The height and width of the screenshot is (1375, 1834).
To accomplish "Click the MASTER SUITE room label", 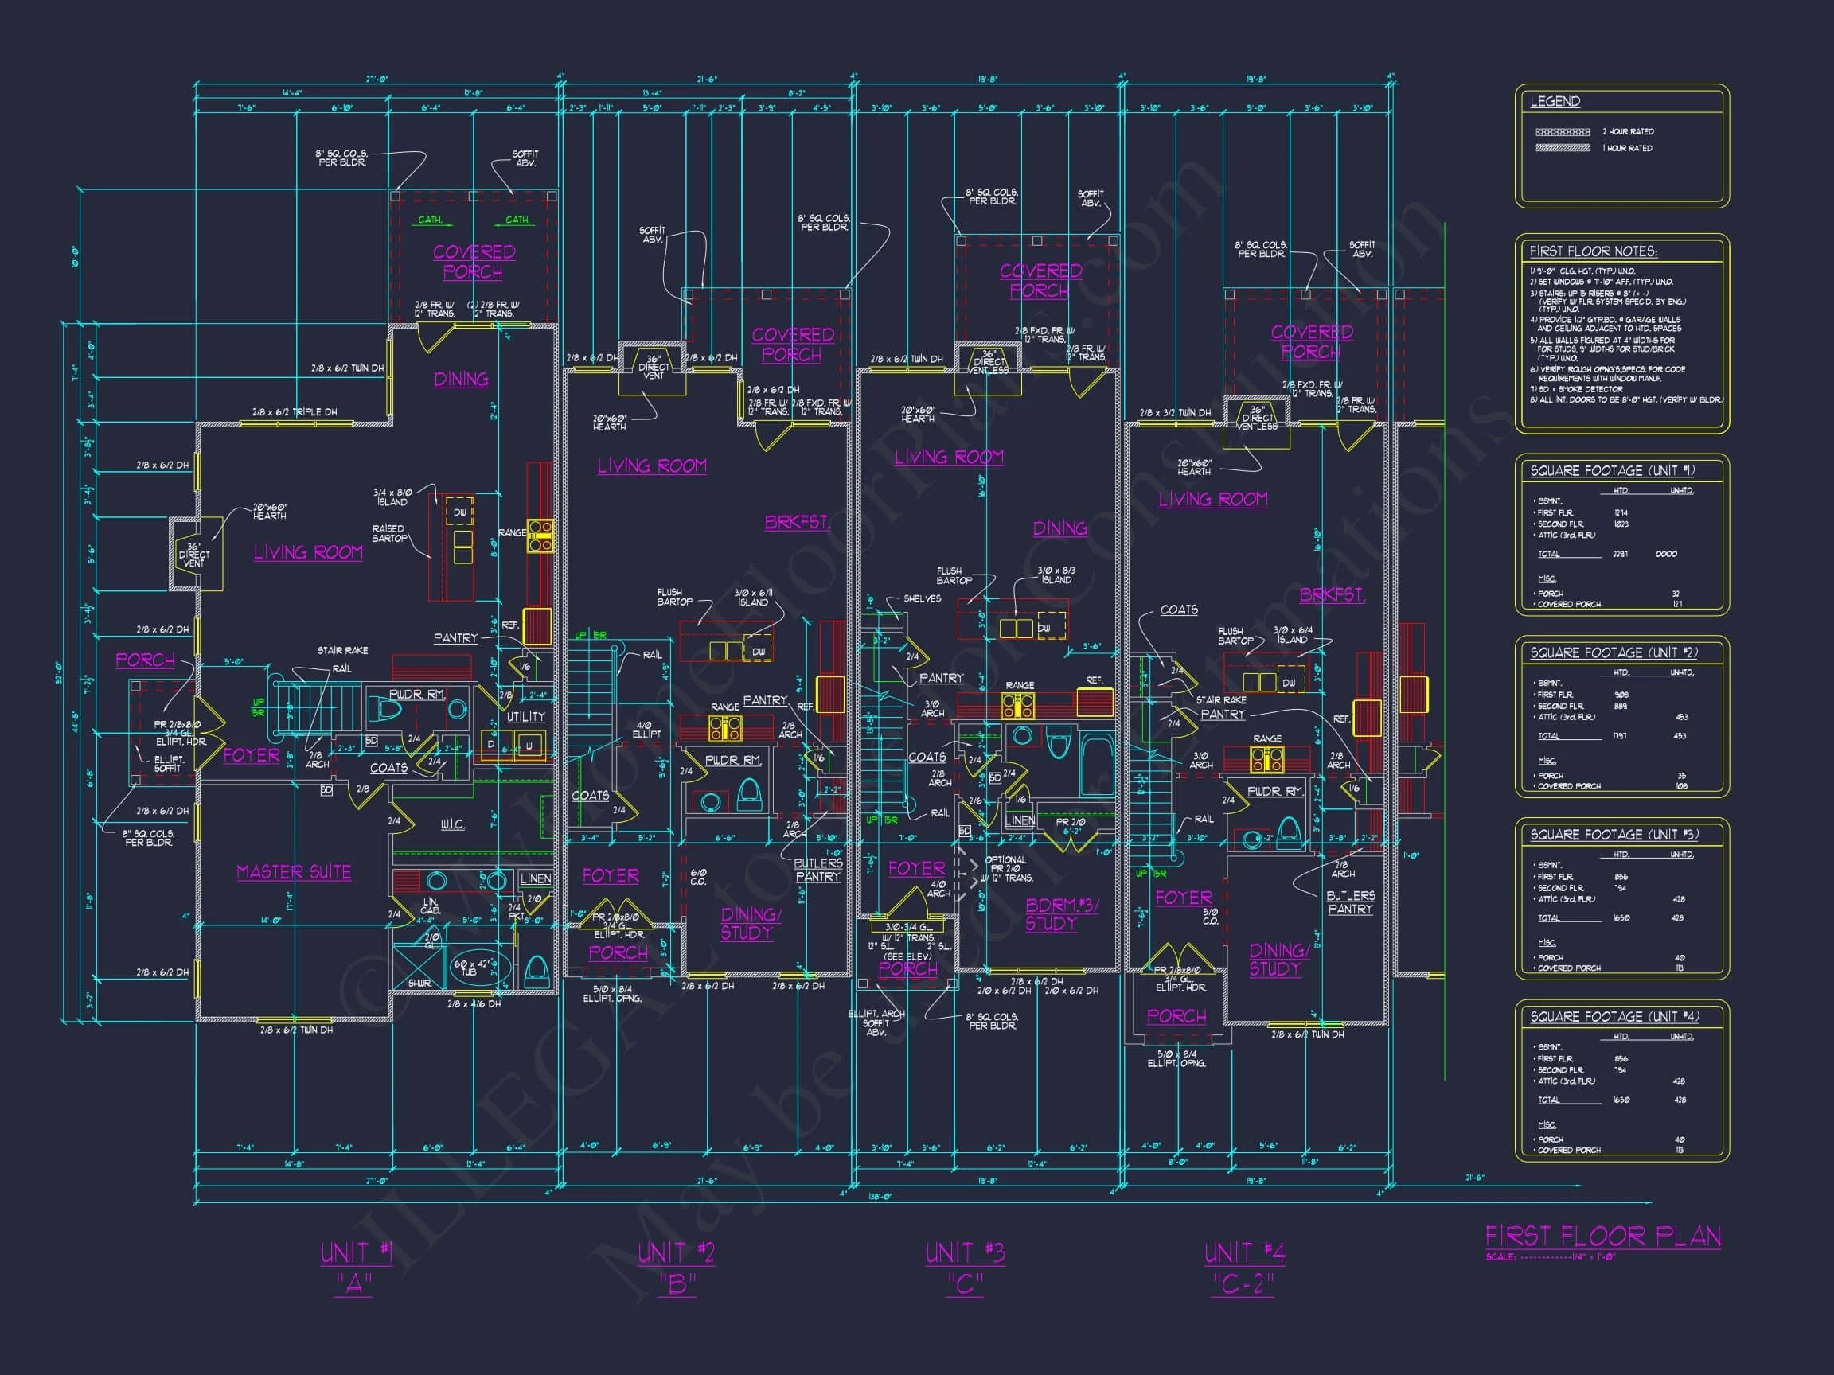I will (x=294, y=873).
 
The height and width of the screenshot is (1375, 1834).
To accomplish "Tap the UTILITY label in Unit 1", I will (x=525, y=716).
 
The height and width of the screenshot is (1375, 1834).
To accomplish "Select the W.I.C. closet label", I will (x=452, y=824).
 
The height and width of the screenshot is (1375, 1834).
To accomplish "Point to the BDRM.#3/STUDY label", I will (x=1062, y=915).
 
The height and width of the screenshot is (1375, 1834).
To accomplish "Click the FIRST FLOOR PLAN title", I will (x=1602, y=1237).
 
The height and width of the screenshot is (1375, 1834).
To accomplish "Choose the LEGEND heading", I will (x=1555, y=102).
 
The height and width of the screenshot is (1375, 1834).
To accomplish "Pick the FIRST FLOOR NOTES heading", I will (x=1593, y=251).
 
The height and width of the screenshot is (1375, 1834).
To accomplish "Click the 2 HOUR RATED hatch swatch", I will (x=1562, y=132).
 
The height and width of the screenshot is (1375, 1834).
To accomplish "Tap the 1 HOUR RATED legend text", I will (x=1627, y=148).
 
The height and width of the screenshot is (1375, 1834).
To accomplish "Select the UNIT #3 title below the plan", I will (x=965, y=1252).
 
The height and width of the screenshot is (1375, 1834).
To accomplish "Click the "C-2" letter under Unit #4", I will (x=1242, y=1284).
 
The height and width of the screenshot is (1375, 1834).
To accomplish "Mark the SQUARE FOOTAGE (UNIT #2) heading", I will (x=1613, y=653).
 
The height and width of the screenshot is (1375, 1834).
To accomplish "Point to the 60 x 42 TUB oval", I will (x=472, y=968).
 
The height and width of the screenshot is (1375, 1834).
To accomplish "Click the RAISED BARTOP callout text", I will (x=389, y=533).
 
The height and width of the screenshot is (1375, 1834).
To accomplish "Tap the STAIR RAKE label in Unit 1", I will (x=342, y=651).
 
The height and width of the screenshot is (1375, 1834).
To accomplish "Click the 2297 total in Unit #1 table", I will (x=1619, y=554).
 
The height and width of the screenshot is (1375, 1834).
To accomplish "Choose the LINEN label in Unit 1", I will (x=535, y=878).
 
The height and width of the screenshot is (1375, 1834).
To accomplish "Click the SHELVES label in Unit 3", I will (x=922, y=598).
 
